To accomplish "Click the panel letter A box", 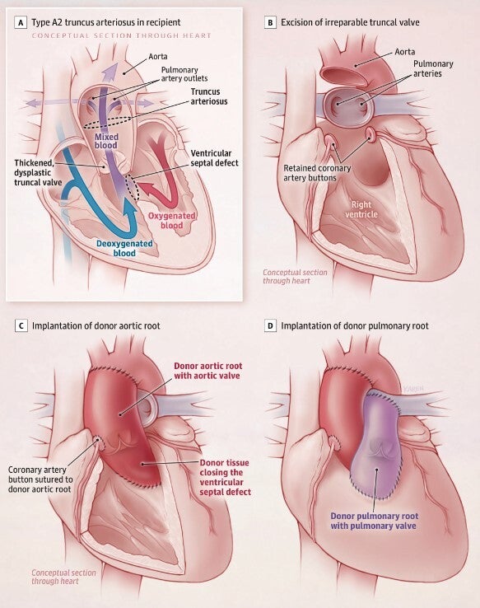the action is click(x=21, y=22).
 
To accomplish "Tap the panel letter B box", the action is click(x=270, y=22).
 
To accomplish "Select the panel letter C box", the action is click(x=21, y=325).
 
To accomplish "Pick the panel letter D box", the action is click(x=270, y=325).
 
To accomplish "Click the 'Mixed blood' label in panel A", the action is click(x=106, y=141).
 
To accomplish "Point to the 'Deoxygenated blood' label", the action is click(x=124, y=248).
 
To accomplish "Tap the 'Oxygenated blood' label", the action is click(x=172, y=221).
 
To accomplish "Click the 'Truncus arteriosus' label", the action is click(x=209, y=96).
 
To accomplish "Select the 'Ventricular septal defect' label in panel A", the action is click(x=214, y=158).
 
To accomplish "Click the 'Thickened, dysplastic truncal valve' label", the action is click(x=38, y=172).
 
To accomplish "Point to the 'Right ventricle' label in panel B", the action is click(x=361, y=209).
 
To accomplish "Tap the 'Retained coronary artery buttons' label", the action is click(x=317, y=173).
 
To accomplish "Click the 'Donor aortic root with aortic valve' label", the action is click(x=207, y=371).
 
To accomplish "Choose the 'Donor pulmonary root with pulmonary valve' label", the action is click(x=375, y=521).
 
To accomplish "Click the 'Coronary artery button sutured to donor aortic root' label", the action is click(x=40, y=479).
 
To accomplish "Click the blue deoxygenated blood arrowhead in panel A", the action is click(x=130, y=206).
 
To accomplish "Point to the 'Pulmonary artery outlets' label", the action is click(x=184, y=74).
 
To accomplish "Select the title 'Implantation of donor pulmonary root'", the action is click(x=355, y=325).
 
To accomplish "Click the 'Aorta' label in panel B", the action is click(x=405, y=52).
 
